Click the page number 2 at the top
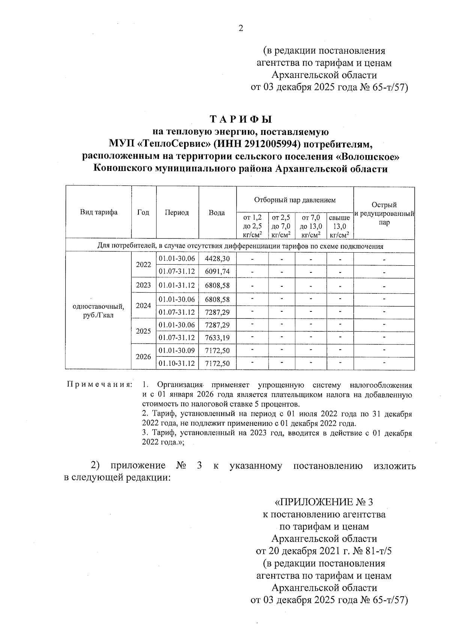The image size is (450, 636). point(240,28)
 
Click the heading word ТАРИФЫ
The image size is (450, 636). point(240,120)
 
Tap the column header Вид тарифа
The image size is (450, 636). point(99,212)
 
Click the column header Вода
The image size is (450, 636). point(217,212)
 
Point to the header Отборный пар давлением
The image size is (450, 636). point(295,200)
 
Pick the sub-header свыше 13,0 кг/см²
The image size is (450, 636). point(339,226)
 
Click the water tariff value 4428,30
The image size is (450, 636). point(217,259)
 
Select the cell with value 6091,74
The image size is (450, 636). point(217,271)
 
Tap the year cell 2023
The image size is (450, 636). point(143,285)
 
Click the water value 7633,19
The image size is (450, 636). point(217,338)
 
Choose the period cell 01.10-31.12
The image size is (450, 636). point(177,363)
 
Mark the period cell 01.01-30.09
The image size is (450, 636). point(177,350)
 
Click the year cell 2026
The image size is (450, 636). point(143,357)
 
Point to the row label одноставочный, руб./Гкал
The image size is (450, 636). point(99,311)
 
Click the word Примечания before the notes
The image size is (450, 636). point(99,385)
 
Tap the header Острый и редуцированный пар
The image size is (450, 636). point(384,214)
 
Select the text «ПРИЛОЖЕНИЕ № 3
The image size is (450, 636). point(324,502)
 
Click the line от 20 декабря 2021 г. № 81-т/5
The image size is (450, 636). point(324,551)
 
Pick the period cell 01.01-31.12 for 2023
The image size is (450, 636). point(177,285)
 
